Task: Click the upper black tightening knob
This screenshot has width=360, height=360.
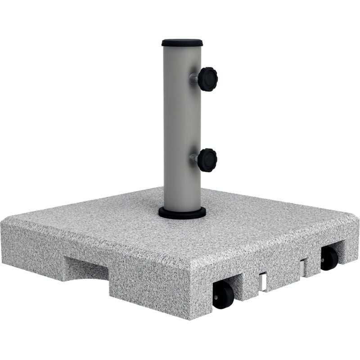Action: pos(207,79)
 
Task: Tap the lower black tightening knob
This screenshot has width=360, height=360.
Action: pos(207,160)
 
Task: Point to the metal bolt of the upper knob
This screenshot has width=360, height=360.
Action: pos(193,79)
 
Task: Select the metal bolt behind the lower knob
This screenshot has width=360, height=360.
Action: pos(193,158)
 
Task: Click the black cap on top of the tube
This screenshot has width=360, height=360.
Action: pos(182,43)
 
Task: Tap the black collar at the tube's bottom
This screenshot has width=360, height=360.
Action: pos(182,212)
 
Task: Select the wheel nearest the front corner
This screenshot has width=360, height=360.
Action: pos(223,296)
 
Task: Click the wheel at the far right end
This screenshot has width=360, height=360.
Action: pos(329,258)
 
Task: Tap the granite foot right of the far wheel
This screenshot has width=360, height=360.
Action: pos(349,252)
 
